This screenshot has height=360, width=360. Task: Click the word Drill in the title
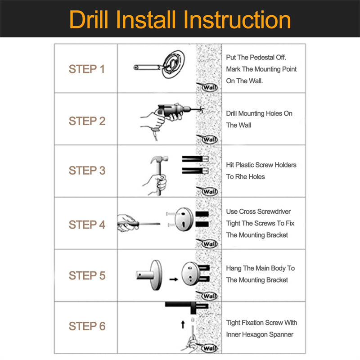point(89,20)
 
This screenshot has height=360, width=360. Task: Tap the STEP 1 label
point(87,69)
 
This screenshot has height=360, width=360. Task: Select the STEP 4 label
point(87,225)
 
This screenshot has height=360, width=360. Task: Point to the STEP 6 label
point(87,326)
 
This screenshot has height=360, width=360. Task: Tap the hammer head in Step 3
point(159,159)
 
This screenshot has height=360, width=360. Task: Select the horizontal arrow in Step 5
point(174,279)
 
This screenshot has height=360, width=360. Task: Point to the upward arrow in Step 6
point(183,324)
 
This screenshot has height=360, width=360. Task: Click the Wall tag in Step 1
point(207,87)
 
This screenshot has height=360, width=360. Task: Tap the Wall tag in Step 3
point(207,191)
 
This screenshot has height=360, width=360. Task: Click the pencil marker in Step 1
point(148,67)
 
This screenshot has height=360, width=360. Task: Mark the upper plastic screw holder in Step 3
point(195,159)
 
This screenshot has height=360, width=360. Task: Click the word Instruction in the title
point(237,20)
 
